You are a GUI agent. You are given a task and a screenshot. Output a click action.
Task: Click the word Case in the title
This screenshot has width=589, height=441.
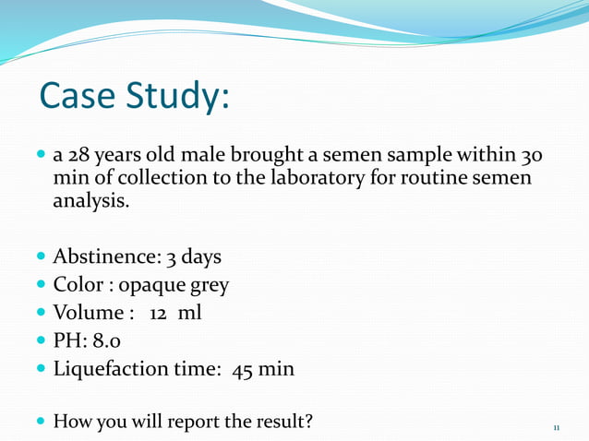point(81,96)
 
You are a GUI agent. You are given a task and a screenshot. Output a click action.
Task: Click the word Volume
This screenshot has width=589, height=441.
point(89,313)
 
